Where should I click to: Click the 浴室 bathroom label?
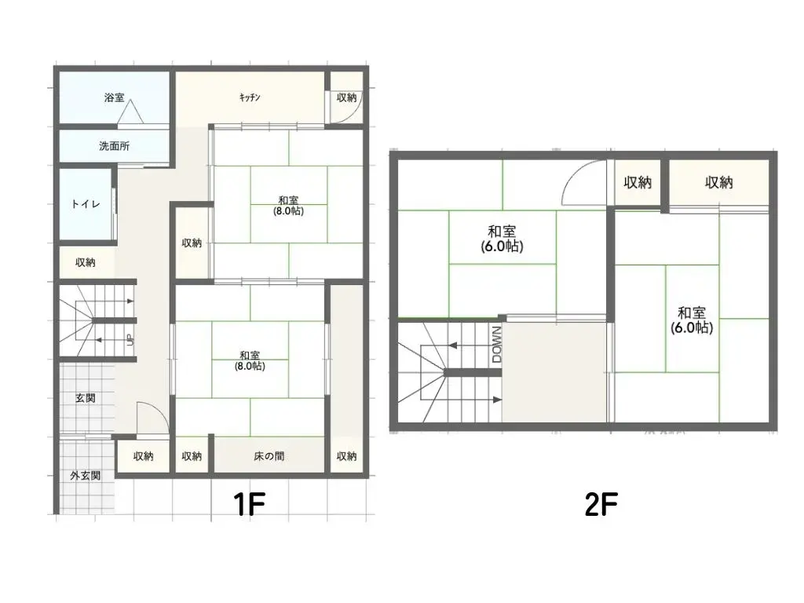pos(114,98)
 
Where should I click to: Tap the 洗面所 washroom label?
pos(115,145)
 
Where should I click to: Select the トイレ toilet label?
pos(85,203)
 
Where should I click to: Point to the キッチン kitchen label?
pos(250,97)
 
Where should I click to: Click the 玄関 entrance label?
pos(86,398)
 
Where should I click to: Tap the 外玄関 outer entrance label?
pos(85,475)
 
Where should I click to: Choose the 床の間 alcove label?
pos(269,456)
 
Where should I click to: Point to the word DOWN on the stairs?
pos(496,344)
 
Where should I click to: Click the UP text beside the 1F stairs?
pos(128,340)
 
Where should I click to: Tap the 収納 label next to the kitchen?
pos(346,97)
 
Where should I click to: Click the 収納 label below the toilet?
pos(86,262)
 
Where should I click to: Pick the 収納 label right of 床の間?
pos(346,456)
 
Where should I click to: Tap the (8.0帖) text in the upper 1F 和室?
pos(289,211)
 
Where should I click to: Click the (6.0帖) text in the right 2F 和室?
pos(692,328)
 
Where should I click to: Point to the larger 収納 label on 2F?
pos(718,183)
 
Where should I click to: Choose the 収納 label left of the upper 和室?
pos(192,243)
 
